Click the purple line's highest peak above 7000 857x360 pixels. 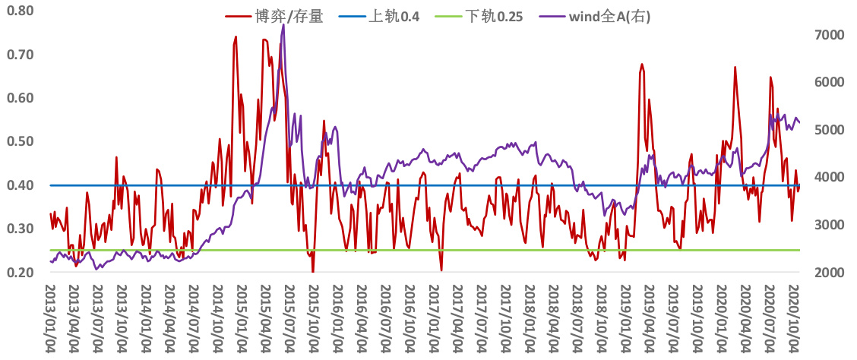pyautogui.click(x=283, y=24)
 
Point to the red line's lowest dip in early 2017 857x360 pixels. pyautogui.click(x=441, y=270)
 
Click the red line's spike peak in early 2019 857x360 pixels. pyautogui.click(x=642, y=64)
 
